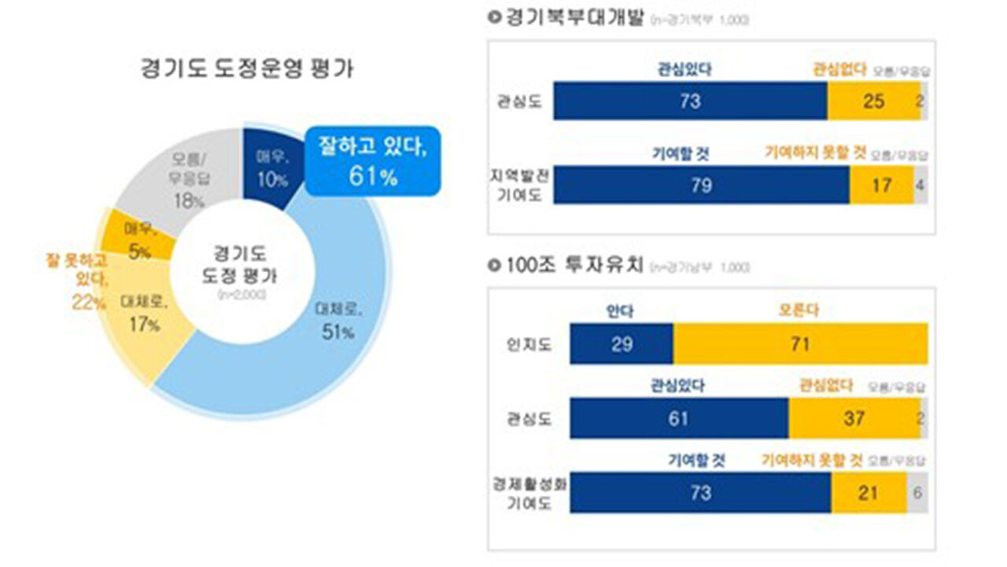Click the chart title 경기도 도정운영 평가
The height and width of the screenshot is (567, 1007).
click(247, 69)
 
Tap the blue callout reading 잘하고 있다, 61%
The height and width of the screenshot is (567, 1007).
click(372, 161)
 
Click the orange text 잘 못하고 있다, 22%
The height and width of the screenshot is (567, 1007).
click(76, 280)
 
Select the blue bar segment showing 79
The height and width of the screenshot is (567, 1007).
click(701, 185)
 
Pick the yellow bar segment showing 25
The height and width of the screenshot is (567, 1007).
click(873, 101)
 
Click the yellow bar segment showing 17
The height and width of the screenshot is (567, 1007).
click(882, 185)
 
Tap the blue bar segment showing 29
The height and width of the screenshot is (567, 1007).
click(622, 343)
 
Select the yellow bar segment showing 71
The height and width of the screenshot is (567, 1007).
click(801, 343)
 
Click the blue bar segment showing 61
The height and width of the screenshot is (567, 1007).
click(679, 418)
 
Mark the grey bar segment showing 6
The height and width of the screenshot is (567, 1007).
click(918, 493)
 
